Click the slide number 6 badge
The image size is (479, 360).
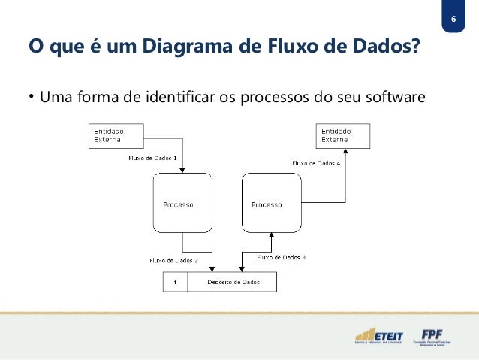(453, 19)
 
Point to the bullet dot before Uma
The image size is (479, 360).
(32, 98)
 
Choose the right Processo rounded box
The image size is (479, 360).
(271, 204)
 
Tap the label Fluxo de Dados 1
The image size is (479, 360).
(152, 159)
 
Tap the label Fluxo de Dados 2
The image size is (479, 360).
(173, 260)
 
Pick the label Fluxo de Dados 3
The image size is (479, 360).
(281, 257)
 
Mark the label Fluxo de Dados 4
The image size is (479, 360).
(316, 162)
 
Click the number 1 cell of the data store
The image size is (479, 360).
(175, 283)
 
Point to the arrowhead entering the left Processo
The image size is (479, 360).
(182, 170)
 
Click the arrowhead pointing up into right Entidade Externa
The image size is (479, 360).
(345, 150)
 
